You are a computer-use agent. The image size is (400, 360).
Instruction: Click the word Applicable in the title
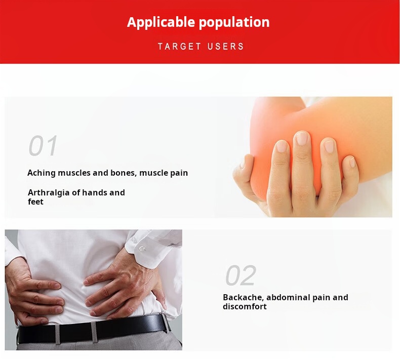[161, 22]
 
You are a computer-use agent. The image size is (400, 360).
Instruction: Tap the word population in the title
[234, 23]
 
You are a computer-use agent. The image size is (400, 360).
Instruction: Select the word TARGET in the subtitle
[179, 47]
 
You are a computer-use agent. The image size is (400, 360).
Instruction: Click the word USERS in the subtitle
[225, 47]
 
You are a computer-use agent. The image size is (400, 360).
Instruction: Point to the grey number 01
[43, 145]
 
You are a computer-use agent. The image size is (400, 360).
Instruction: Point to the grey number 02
[241, 275]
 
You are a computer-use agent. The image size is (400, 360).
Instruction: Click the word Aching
[42, 173]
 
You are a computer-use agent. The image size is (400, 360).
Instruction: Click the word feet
[35, 202]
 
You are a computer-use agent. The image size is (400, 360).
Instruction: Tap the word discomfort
[245, 306]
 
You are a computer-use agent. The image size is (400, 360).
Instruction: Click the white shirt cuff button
[142, 248]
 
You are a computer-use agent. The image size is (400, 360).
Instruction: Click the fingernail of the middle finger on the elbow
[302, 139]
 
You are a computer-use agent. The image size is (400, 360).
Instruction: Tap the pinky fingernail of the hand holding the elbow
[352, 162]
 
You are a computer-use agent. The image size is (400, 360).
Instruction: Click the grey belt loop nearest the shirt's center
[94, 332]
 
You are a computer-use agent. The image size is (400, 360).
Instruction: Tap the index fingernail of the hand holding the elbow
[282, 147]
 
